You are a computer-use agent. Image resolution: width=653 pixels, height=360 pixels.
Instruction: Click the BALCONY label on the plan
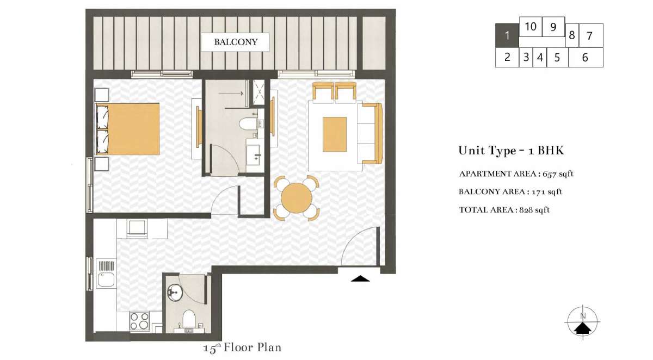click(x=236, y=42)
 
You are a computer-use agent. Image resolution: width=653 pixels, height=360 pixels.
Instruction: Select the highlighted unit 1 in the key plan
click(x=507, y=35)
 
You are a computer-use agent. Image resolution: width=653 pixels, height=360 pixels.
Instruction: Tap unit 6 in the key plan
click(x=586, y=58)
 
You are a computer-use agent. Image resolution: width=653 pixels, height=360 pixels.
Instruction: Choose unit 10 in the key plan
click(x=531, y=27)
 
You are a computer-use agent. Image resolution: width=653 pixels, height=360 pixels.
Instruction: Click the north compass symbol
click(x=582, y=322)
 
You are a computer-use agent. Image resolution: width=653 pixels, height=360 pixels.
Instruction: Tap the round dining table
click(x=297, y=198)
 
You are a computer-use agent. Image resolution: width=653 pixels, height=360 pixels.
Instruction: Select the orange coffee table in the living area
click(x=335, y=134)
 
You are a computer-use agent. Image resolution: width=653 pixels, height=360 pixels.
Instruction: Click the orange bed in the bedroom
click(x=128, y=129)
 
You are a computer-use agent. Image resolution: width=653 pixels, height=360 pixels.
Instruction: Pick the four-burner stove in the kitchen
click(x=139, y=321)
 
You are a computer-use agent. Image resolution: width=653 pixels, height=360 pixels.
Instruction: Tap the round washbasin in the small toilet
click(x=175, y=293)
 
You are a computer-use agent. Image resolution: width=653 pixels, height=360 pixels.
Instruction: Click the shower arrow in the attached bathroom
click(x=231, y=93)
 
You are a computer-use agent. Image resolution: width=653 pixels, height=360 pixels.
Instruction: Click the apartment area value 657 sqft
click(x=558, y=174)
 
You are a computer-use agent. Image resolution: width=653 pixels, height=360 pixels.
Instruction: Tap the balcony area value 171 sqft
click(x=547, y=191)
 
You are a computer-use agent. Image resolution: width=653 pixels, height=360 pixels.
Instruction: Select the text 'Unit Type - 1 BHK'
click(x=511, y=150)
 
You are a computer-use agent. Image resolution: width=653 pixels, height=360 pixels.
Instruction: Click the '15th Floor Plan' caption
click(x=242, y=347)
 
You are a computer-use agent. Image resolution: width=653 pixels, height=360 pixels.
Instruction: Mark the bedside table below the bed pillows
click(x=102, y=164)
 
